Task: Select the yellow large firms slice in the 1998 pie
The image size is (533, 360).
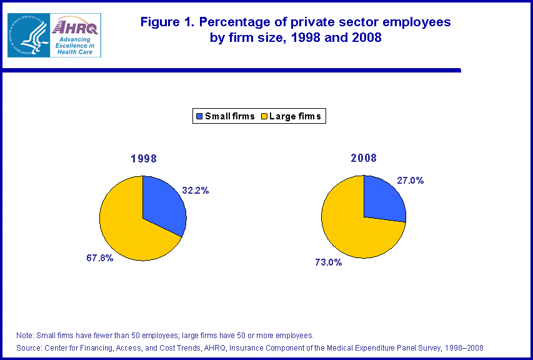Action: point(125,228)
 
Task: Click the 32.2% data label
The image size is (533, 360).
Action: point(195,191)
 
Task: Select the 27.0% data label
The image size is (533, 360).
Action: point(411,181)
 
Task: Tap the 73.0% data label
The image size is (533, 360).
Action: point(328,262)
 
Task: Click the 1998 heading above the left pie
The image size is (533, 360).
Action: point(142,159)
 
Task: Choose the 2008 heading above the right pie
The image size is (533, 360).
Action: point(364,159)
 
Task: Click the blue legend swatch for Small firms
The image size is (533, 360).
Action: point(199,116)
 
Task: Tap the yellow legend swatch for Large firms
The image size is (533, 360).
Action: point(264,116)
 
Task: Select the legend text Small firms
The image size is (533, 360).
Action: point(229,116)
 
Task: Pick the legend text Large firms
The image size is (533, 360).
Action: point(296,116)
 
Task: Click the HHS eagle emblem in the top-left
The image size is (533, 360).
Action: point(27,35)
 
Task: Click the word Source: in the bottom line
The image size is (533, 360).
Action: point(29,347)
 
